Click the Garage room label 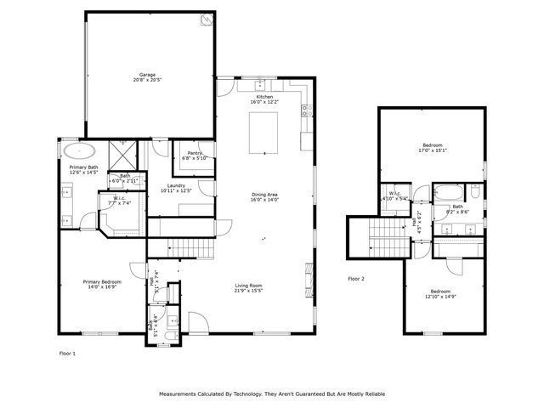click(x=148, y=74)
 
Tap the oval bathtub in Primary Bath click(x=79, y=151)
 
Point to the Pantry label click(x=193, y=154)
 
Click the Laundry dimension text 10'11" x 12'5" click(x=176, y=190)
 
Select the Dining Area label click(x=264, y=195)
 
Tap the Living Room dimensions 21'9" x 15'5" click(x=248, y=291)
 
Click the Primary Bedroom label click(x=101, y=281)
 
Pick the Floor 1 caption click(x=67, y=352)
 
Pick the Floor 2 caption click(x=356, y=278)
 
